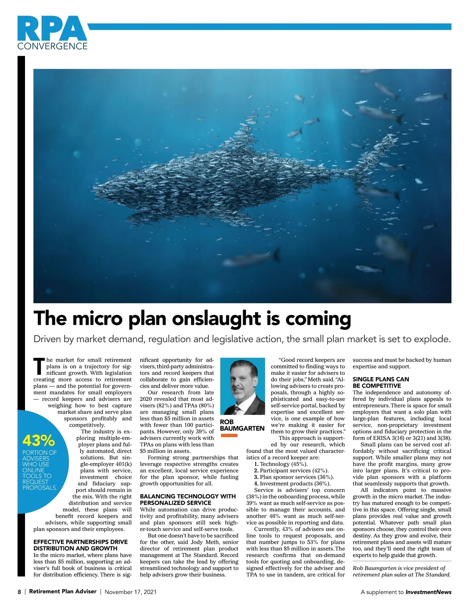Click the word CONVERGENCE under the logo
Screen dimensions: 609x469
52,46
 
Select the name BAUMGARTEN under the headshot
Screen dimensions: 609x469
243,428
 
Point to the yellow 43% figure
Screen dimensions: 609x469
39,441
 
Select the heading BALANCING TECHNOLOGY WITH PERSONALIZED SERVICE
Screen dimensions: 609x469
188,499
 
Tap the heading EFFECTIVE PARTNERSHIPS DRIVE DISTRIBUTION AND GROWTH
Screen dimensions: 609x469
81,545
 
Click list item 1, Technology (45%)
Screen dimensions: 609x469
281,464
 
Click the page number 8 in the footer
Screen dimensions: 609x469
19,592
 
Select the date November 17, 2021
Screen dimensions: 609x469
131,592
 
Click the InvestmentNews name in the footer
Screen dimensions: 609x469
428,592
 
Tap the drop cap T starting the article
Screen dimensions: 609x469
39,365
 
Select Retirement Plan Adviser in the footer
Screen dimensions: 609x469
63,591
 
